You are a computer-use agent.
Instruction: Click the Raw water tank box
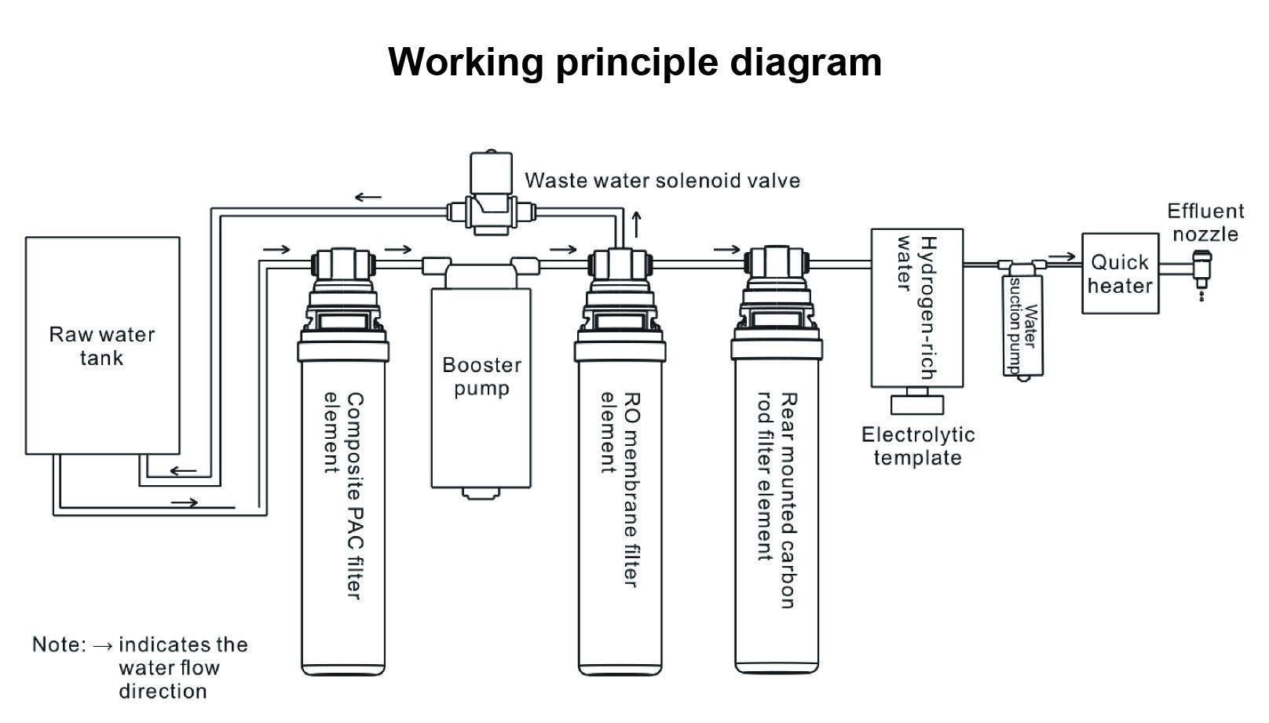103,345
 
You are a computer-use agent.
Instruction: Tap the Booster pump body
481,388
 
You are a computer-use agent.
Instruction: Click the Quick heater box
1120,273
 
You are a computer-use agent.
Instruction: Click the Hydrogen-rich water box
917,308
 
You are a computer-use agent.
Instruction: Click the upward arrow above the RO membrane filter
637,225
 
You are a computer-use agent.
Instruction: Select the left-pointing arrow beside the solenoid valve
368,197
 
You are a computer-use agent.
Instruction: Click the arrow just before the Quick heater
1061,256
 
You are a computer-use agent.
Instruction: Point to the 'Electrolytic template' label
917,446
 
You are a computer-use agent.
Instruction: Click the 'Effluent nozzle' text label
1205,222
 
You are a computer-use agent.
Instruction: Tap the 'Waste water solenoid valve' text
662,181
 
